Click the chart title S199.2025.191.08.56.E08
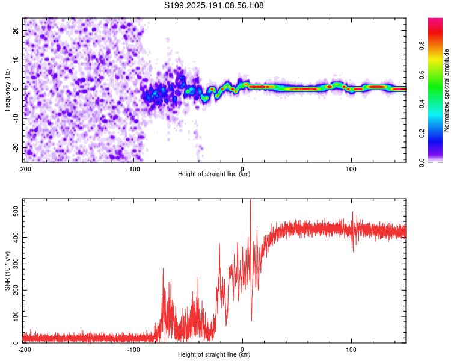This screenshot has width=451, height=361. point(213,5)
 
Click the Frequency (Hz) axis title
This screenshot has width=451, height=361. point(7,90)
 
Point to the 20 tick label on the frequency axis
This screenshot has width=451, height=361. point(16,31)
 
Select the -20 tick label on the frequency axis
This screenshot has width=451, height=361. point(16,148)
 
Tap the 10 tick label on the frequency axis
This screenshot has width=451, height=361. point(16,60)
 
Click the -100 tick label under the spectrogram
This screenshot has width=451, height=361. point(133,169)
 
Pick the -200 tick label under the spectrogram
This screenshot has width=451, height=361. point(25,169)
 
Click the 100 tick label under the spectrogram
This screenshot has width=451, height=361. point(351,169)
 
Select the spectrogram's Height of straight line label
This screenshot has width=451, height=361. point(214,174)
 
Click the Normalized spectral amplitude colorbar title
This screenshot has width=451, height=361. point(446,90)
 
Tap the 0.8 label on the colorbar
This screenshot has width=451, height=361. point(422,46)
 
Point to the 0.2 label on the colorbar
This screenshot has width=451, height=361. point(422,134)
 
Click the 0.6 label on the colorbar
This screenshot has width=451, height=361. point(422,75)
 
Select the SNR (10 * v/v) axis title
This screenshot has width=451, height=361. point(7,271)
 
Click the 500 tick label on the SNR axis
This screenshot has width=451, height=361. point(16,211)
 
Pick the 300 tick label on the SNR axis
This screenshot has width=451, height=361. point(16,264)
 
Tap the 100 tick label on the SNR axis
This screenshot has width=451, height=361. point(16,316)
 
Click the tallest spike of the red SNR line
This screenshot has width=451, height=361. point(250,200)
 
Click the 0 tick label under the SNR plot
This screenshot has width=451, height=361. point(242,350)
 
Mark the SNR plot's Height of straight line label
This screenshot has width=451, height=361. point(214,354)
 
